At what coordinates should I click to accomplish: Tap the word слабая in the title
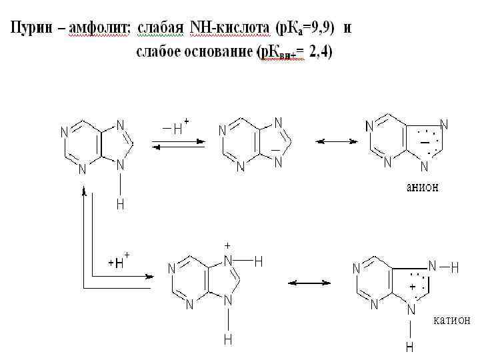(x=161, y=28)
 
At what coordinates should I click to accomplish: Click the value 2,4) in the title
(x=321, y=53)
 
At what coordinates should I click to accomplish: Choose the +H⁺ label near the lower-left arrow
(x=119, y=262)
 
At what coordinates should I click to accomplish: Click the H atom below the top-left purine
(x=120, y=205)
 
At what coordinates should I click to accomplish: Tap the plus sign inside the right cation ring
(x=412, y=286)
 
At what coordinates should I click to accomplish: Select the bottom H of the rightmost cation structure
(x=410, y=347)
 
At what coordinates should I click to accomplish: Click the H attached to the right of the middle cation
(x=258, y=262)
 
